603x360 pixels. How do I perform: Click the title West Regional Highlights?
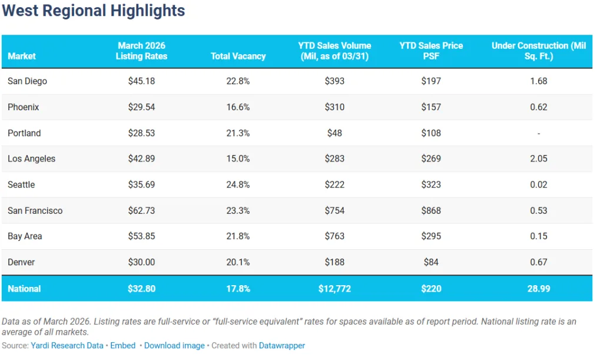(x=94, y=11)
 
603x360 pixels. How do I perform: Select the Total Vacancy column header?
(x=238, y=57)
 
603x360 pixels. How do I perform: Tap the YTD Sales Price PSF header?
(x=431, y=51)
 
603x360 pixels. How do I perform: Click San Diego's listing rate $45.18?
(x=141, y=81)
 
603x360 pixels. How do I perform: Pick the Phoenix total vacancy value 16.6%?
(x=238, y=107)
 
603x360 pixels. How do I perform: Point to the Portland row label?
(x=24, y=133)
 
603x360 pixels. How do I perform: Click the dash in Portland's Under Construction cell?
(x=538, y=133)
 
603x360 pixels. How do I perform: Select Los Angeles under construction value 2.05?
(x=538, y=159)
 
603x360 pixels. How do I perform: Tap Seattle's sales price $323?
(x=431, y=185)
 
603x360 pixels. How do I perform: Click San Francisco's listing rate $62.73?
(x=141, y=211)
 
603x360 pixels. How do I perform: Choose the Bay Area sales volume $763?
(x=334, y=236)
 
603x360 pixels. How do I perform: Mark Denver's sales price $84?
(x=431, y=262)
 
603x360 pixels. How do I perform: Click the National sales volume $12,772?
(x=334, y=289)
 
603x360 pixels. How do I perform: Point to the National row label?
(x=24, y=289)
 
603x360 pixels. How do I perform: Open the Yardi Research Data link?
(x=67, y=346)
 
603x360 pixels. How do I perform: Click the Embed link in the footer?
(x=122, y=346)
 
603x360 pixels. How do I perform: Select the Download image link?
(x=174, y=346)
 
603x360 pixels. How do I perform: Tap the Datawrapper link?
(x=281, y=346)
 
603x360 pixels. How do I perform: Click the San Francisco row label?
(x=35, y=211)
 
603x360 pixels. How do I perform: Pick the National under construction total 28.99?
(x=538, y=289)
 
